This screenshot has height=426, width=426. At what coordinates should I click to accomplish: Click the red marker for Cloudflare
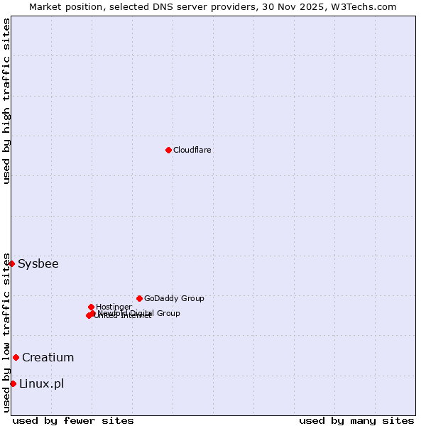point(168,150)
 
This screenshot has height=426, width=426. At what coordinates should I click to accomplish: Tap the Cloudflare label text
point(192,151)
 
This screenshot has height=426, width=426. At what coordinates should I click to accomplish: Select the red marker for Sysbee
point(11,263)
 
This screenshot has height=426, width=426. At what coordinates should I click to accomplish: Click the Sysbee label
point(38,264)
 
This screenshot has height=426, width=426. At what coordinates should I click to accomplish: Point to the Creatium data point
point(16,357)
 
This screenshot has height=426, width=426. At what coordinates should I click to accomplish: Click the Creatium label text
point(48,358)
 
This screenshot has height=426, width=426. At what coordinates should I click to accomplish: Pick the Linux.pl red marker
point(13,383)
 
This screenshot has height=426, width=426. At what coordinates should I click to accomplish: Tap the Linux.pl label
point(41,384)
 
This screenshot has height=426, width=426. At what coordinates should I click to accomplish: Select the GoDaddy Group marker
point(139,298)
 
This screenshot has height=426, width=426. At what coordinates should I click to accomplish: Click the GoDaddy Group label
point(174,299)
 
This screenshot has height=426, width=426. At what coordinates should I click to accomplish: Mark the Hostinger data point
point(91,307)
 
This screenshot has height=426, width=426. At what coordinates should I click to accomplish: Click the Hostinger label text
point(114,307)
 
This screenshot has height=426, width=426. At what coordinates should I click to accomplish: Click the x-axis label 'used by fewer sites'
point(73,420)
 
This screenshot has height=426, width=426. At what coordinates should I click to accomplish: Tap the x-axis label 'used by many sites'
point(356,420)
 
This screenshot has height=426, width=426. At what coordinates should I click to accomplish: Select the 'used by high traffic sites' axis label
point(7,101)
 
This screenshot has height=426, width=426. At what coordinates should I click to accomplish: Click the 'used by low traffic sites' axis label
point(7,332)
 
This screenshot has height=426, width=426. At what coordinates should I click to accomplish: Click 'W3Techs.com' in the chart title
point(366,6)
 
